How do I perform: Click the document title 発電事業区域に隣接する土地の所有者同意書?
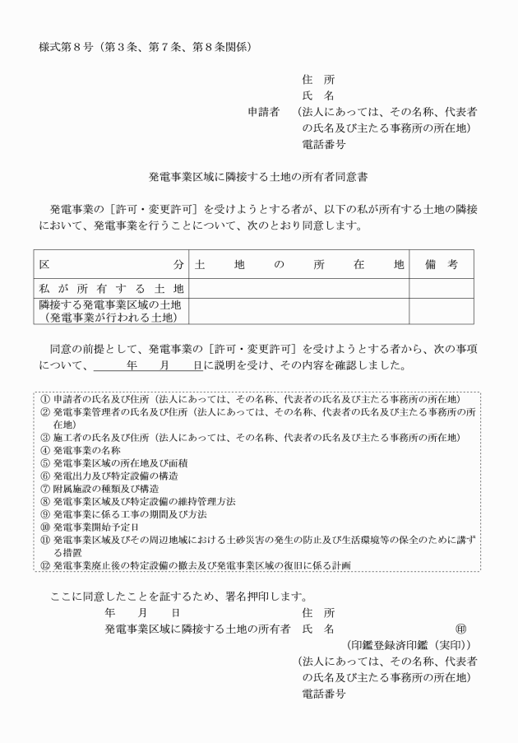point(257,176)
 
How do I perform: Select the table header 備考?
point(441,265)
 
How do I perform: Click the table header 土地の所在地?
point(299,265)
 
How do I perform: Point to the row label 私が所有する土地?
point(111,288)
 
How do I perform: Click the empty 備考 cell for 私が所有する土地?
point(441,288)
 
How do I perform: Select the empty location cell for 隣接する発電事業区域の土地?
point(299,310)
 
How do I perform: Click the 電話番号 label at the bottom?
point(323,693)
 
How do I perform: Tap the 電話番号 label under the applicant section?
point(323,144)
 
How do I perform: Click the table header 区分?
point(111,265)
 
